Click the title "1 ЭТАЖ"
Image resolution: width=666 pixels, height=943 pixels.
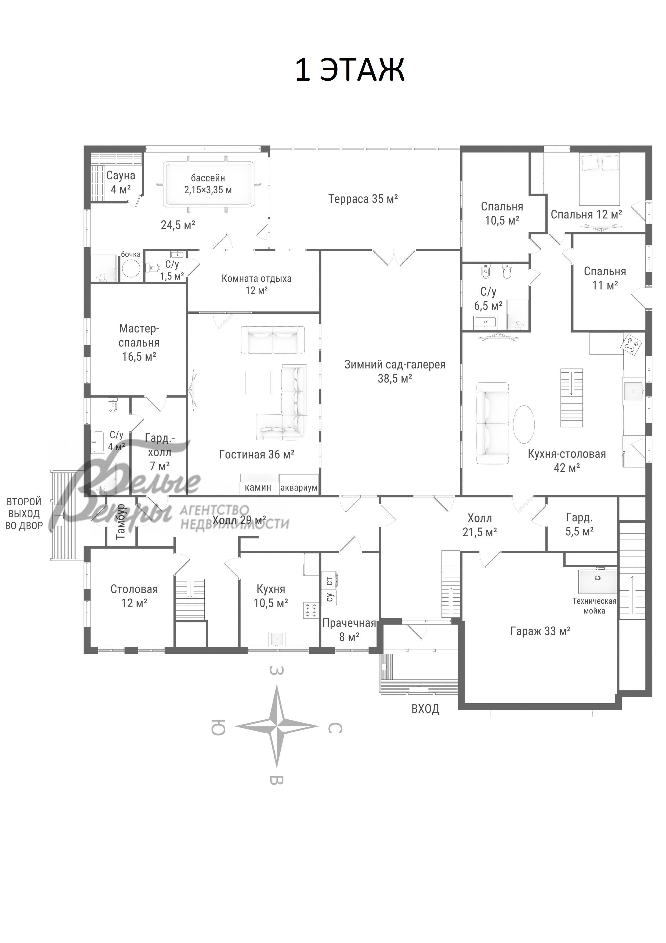[x=350, y=70]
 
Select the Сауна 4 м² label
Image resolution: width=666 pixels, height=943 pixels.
[x=121, y=182]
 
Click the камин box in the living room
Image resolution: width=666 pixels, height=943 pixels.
[x=258, y=488]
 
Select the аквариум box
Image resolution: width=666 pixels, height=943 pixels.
[x=299, y=488]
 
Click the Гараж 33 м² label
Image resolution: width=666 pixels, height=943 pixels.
[x=540, y=631]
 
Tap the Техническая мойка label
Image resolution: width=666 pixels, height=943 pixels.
[x=594, y=606]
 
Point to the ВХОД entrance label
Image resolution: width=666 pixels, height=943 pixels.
[x=426, y=709]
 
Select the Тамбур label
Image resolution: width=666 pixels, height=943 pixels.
[x=121, y=521]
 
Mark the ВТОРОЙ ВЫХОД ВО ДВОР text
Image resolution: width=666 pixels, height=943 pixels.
[x=24, y=514]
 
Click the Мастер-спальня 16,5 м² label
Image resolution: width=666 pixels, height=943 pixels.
[x=139, y=342]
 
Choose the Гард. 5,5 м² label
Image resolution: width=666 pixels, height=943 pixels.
[x=580, y=524]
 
